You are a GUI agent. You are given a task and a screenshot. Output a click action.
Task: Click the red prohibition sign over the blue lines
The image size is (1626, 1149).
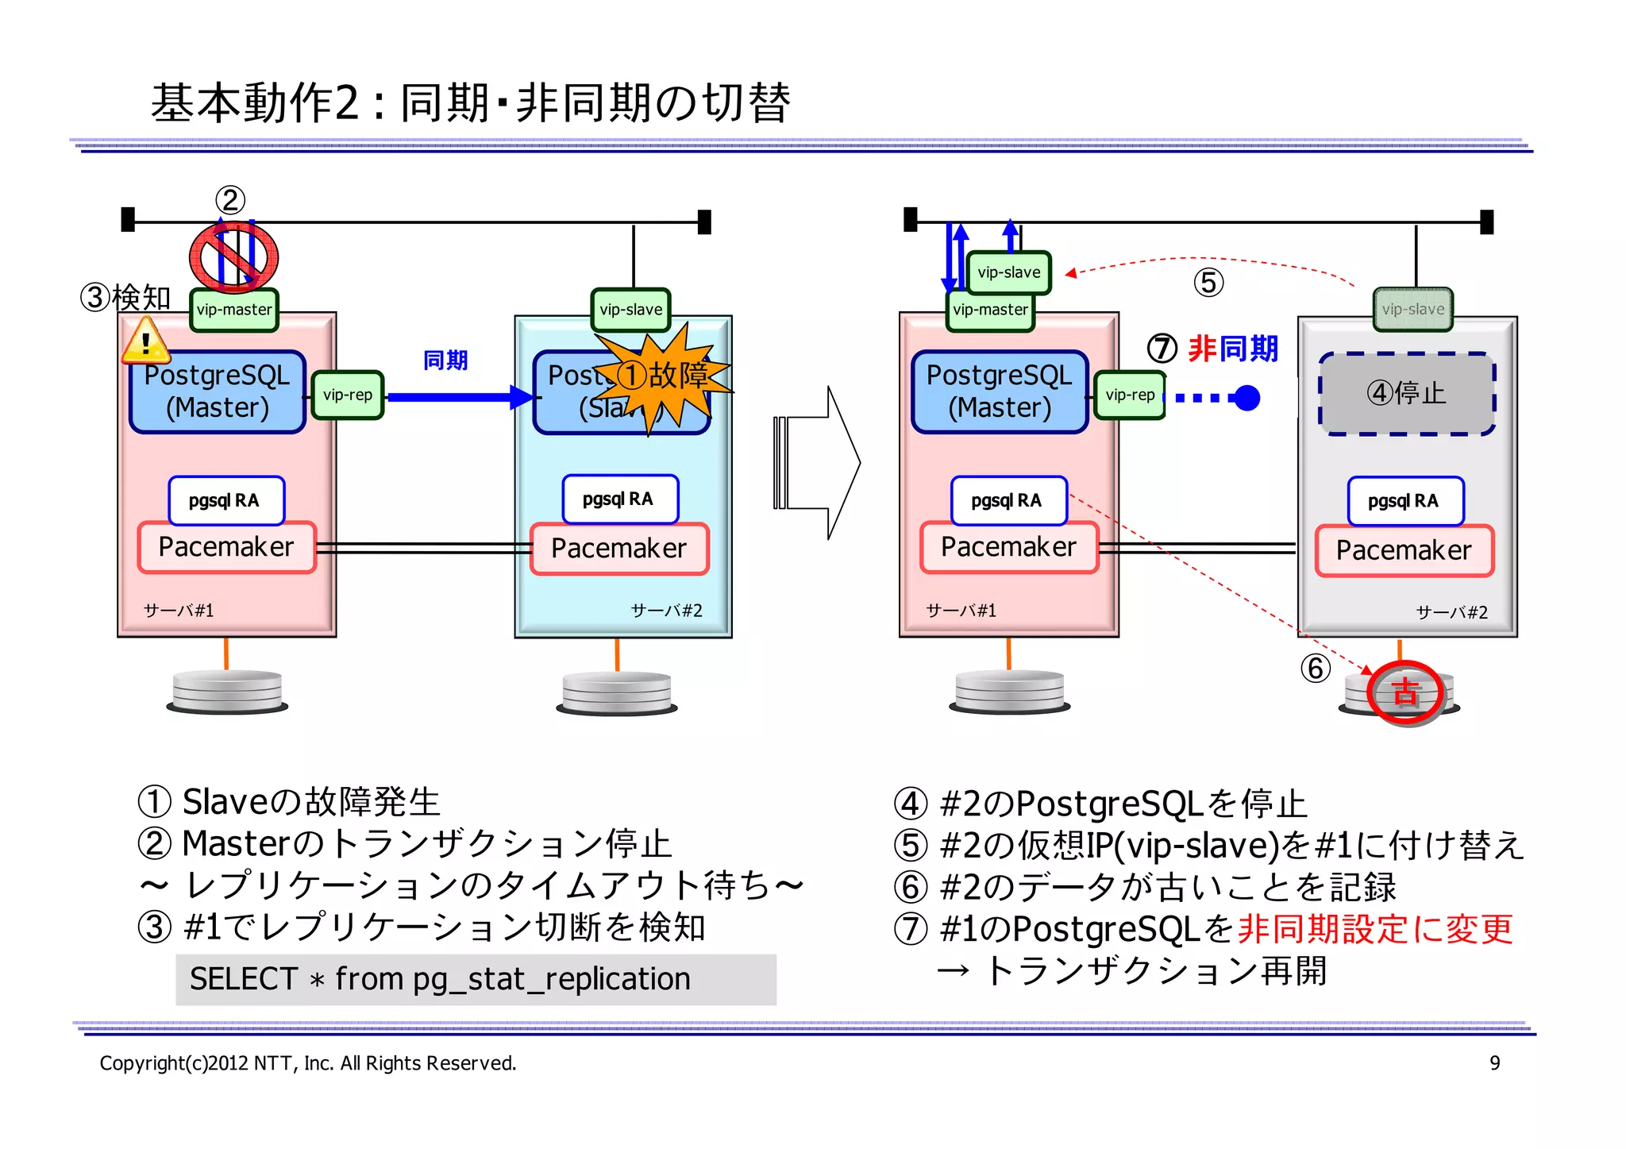click(x=233, y=256)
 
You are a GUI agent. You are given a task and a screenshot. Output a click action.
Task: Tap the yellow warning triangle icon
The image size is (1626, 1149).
click(x=145, y=341)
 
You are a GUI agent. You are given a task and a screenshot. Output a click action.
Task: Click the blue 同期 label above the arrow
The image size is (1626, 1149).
click(x=445, y=361)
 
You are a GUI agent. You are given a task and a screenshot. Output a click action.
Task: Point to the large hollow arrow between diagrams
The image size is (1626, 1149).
click(x=818, y=463)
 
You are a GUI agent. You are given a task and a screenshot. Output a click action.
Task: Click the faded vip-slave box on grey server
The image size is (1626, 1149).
click(x=1412, y=310)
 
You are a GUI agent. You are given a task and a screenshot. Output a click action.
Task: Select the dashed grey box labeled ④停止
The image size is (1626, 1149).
click(x=1407, y=394)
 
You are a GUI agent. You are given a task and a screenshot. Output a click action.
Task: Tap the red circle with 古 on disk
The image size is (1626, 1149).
click(x=1405, y=692)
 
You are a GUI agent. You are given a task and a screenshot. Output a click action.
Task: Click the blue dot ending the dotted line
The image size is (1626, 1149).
click(x=1247, y=397)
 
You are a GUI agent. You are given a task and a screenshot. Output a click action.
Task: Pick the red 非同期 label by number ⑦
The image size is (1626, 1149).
click(x=1233, y=349)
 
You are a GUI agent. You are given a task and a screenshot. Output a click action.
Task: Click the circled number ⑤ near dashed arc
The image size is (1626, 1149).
click(x=1208, y=283)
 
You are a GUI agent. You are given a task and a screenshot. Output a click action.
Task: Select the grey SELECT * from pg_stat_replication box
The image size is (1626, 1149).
click(x=476, y=979)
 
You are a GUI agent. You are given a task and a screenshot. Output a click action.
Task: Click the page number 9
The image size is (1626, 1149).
click(x=1494, y=1063)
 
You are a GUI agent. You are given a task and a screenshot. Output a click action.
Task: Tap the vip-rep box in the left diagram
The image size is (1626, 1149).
click(x=348, y=395)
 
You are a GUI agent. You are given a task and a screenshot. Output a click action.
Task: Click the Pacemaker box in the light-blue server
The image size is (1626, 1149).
click(x=619, y=549)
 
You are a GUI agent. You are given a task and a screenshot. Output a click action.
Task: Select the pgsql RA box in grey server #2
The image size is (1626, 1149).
click(x=1404, y=501)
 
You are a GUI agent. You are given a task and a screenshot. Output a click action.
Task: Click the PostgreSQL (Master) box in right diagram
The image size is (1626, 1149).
click(x=1000, y=391)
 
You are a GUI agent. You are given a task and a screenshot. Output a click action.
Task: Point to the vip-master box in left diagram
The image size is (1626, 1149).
click(x=234, y=310)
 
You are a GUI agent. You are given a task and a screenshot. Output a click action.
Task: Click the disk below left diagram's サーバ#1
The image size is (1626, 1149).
click(x=227, y=691)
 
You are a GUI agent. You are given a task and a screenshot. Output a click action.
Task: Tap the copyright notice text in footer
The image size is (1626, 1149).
click(x=308, y=1063)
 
